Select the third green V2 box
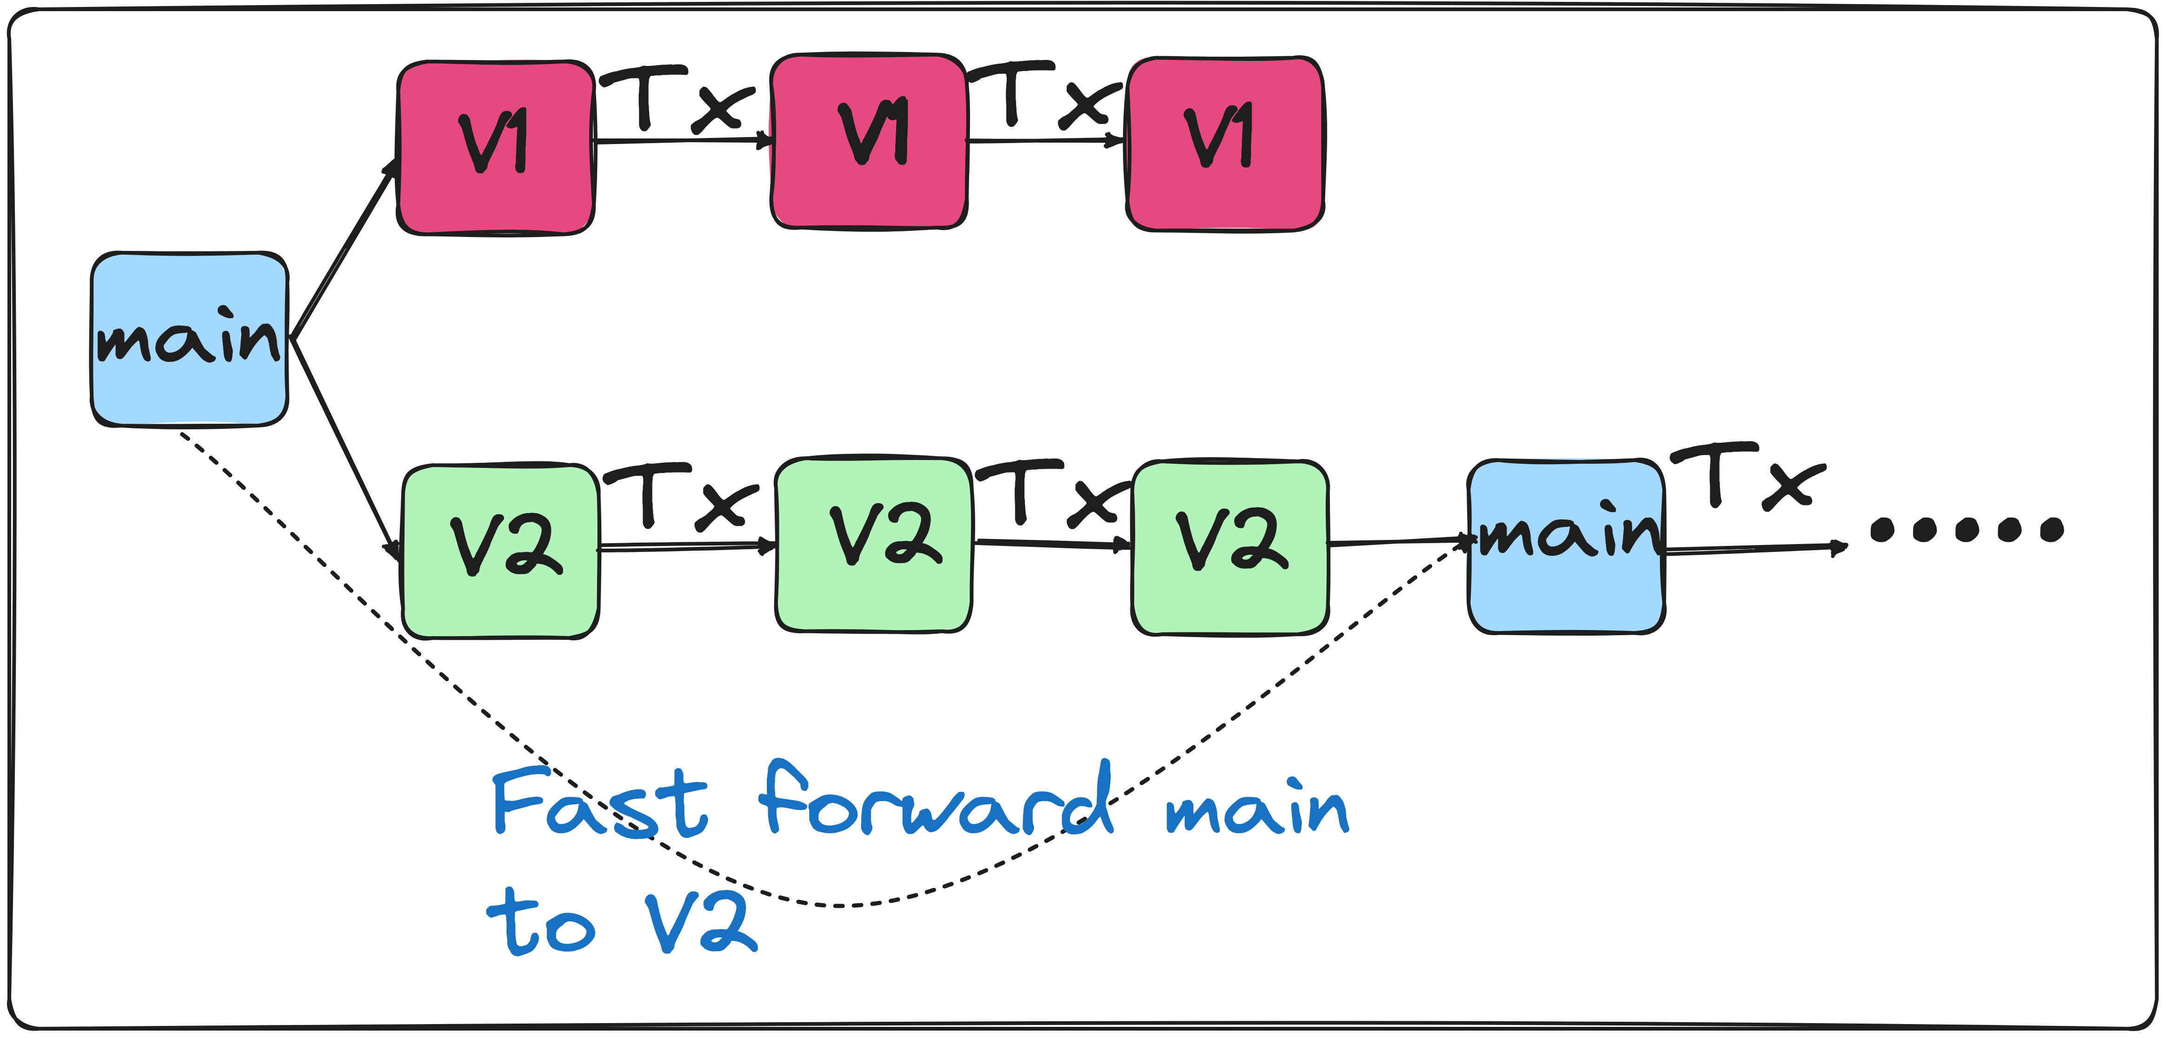[x=1230, y=547]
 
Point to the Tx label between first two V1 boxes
[x=677, y=99]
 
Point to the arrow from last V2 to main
[x=1397, y=541]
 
